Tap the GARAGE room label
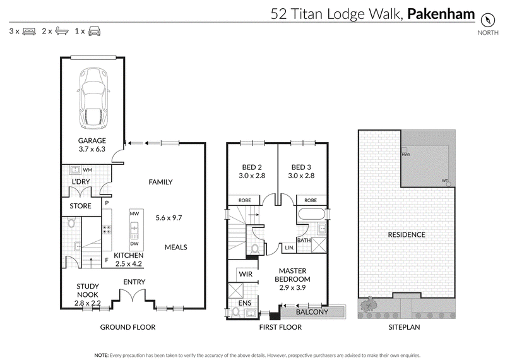coord(92,140)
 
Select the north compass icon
coord(487,20)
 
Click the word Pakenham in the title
coord(441,14)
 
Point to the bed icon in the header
coord(29,31)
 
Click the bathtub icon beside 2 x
coord(61,31)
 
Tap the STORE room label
coord(81,206)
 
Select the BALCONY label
coord(312,312)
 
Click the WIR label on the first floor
coord(246,274)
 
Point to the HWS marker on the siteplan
coord(406,154)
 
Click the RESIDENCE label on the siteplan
coord(407,234)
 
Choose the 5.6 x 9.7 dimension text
coord(169,218)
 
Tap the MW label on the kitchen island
coord(134,213)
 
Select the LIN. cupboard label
coord(290,248)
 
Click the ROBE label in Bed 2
coord(245,200)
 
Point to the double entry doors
coord(133,296)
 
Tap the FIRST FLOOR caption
coord(280,327)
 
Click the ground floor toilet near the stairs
coord(71,222)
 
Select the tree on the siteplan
coord(369,304)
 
